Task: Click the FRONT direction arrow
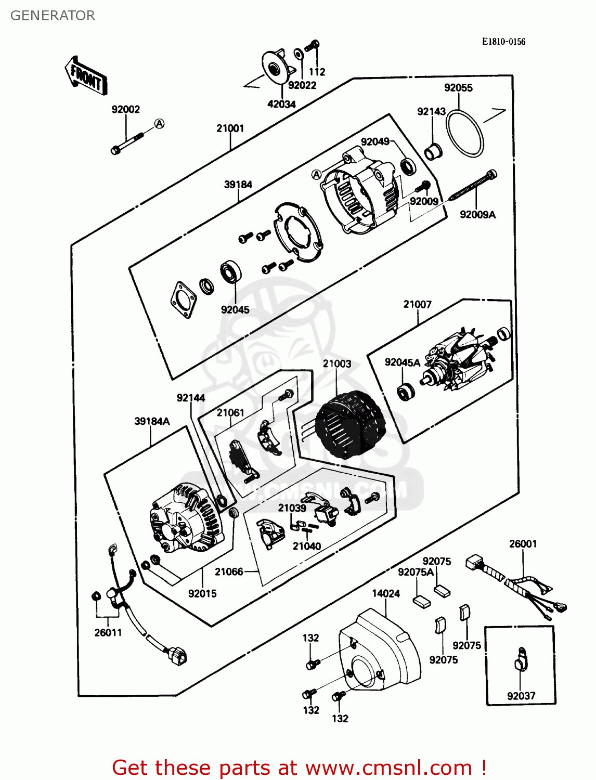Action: [x=86, y=76]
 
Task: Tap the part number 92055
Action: [x=458, y=88]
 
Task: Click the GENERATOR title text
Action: [x=53, y=16]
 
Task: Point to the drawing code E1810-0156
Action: [x=503, y=42]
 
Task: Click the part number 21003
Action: [x=337, y=364]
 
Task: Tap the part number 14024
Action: [x=386, y=593]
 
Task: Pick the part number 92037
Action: [x=521, y=696]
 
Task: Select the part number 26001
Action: [x=523, y=544]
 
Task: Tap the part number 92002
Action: [x=126, y=109]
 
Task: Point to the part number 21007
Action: [x=418, y=304]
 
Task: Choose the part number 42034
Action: [x=281, y=104]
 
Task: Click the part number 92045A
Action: [x=402, y=362]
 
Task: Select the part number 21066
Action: [x=229, y=571]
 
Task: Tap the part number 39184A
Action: [x=152, y=421]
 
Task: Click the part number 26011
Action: [x=108, y=632]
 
